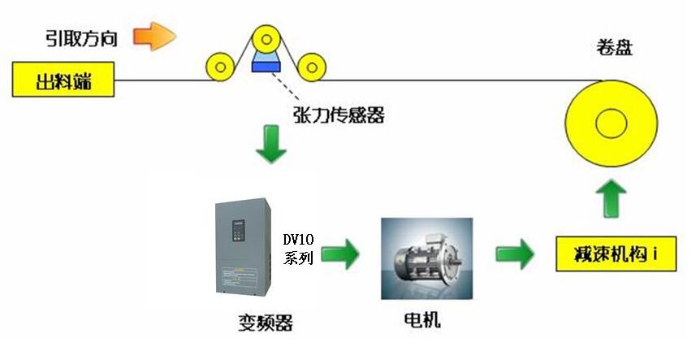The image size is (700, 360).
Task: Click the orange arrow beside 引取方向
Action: click(154, 36)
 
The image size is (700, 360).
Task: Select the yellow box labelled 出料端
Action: click(63, 80)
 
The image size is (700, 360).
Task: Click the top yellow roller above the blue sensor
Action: click(265, 37)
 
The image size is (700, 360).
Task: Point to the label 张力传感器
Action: click(337, 115)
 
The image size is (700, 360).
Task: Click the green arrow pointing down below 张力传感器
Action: click(270, 144)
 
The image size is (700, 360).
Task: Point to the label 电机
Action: click(421, 319)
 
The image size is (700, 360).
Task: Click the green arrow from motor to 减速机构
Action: click(514, 254)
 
